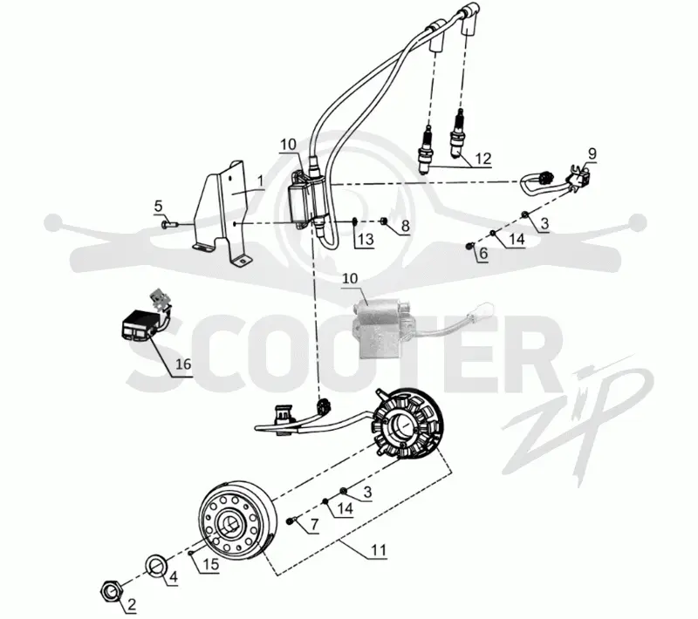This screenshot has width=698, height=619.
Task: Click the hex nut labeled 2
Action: (112, 590)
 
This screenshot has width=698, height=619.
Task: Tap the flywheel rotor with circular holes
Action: (236, 520)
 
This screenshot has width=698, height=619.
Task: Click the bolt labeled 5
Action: (169, 224)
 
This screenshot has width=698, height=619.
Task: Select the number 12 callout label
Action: (483, 159)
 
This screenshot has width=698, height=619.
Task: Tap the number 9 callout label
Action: (592, 153)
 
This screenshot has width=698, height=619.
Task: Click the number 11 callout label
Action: (379, 550)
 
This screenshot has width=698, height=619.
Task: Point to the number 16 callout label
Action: (183, 364)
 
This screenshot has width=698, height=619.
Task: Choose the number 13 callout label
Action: (366, 239)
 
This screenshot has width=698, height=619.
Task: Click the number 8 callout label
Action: (405, 226)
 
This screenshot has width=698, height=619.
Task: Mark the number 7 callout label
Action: (314, 525)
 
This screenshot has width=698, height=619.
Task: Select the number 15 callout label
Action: (211, 564)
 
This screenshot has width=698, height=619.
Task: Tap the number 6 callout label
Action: (483, 254)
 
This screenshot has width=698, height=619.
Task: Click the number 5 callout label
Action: (159, 207)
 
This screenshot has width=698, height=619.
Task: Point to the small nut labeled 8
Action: (384, 221)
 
